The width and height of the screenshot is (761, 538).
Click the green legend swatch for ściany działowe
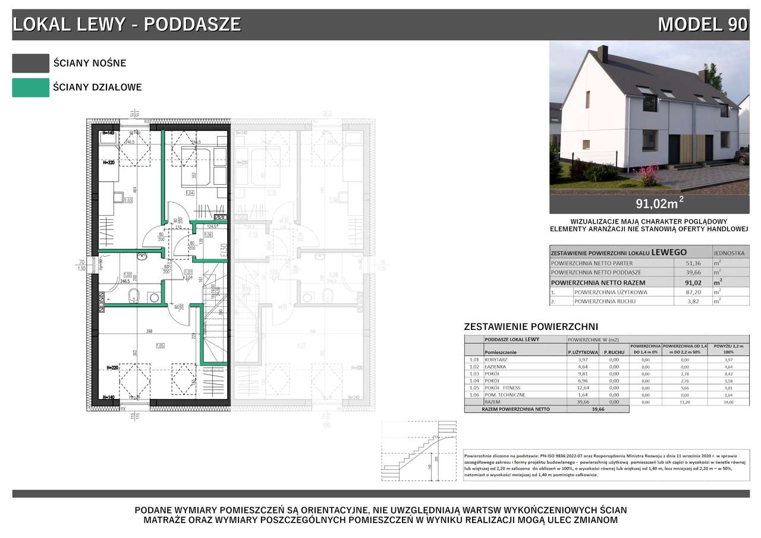30,87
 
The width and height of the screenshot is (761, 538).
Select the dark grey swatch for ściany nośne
30,63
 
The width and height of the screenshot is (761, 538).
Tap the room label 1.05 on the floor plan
159,345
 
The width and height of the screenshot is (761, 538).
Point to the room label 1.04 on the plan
190,193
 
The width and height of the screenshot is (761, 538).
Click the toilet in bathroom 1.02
136,292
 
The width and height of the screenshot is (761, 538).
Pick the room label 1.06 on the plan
208,235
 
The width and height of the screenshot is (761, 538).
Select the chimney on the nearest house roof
602,54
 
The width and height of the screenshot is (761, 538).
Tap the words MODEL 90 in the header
702,24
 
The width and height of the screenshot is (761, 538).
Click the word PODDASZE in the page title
193,24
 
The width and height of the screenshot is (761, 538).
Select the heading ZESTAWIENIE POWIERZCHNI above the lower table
530,326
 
